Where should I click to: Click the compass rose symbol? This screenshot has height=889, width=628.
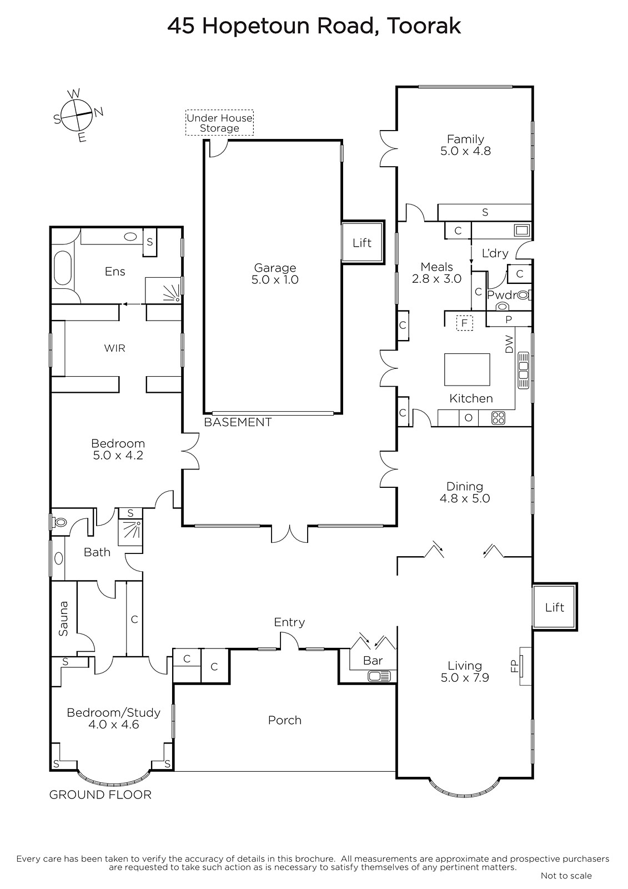(x=78, y=115)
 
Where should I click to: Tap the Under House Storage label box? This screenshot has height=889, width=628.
(x=219, y=123)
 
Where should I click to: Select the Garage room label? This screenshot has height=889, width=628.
(x=275, y=273)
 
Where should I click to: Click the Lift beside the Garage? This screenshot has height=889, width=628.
(x=363, y=242)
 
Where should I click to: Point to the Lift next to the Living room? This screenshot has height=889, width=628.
(x=554, y=607)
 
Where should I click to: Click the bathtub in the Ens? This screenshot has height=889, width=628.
(x=62, y=267)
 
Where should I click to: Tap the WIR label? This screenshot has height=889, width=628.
(x=114, y=348)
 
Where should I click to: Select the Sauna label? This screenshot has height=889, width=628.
(x=63, y=618)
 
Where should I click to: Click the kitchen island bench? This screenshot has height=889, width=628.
(x=467, y=369)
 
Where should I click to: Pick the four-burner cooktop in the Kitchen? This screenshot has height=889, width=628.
(x=498, y=418)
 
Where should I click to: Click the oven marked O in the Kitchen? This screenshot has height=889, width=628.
(x=469, y=418)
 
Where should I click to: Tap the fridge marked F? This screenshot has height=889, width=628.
(x=465, y=323)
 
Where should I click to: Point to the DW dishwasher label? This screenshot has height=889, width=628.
(x=509, y=344)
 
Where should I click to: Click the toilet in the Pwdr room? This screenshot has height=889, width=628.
(x=503, y=306)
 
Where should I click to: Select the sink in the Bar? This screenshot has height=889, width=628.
(x=379, y=676)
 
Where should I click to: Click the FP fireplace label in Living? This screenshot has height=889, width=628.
(x=515, y=666)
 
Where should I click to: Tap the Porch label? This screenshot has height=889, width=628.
(x=285, y=720)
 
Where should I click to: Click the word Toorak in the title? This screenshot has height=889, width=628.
(x=424, y=26)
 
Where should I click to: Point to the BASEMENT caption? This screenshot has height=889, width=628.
(x=238, y=422)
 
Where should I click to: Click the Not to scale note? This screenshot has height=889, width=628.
(x=566, y=876)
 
